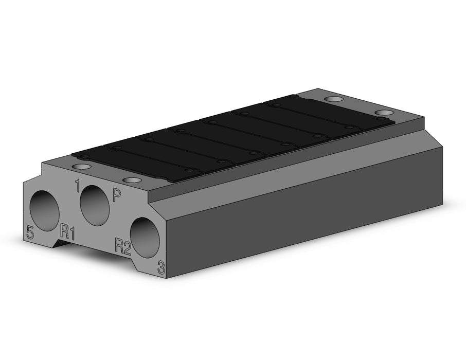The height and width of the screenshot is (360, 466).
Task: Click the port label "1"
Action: tap(78, 186)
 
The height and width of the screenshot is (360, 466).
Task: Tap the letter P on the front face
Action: tap(116, 195)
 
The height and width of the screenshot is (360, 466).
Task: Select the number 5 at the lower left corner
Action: tap(30, 232)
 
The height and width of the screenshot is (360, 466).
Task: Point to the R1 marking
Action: tap(67, 231)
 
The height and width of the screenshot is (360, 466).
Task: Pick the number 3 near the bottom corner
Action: tap(161, 267)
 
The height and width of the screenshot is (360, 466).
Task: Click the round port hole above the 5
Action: tap(45, 210)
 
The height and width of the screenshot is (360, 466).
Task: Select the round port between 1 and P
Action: tap(95, 205)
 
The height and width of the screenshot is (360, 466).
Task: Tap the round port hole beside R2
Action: tap(145, 238)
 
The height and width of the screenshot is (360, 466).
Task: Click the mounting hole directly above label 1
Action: tap(81, 167)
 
